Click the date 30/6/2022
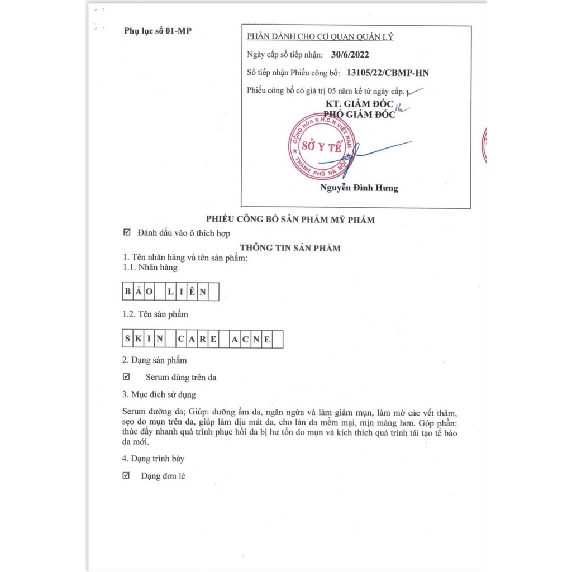point(350,55)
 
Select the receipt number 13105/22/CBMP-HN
point(388,73)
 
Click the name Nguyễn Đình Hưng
point(359,188)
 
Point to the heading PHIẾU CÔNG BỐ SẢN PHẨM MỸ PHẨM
point(290,220)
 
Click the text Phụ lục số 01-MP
point(158,31)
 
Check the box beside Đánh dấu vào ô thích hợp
point(126,233)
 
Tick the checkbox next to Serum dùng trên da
point(126,377)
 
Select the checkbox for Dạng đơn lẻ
point(126,475)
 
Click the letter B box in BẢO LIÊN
point(128,292)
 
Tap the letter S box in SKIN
point(128,339)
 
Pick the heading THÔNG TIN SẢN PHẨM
point(290,248)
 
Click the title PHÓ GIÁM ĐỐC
point(360,115)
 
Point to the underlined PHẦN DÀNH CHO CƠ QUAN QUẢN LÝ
point(320,37)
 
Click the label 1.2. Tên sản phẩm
point(155,314)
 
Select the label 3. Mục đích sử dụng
point(159,394)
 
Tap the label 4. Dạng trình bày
point(154,459)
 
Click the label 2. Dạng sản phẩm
point(155,360)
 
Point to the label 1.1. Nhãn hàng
point(150,267)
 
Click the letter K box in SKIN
point(138,339)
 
